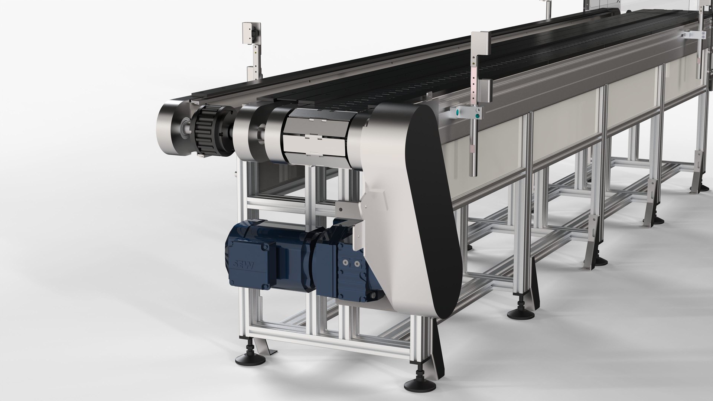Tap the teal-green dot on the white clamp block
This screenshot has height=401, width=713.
coord(458,111)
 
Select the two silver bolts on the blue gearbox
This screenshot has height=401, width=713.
coord(351,263)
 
